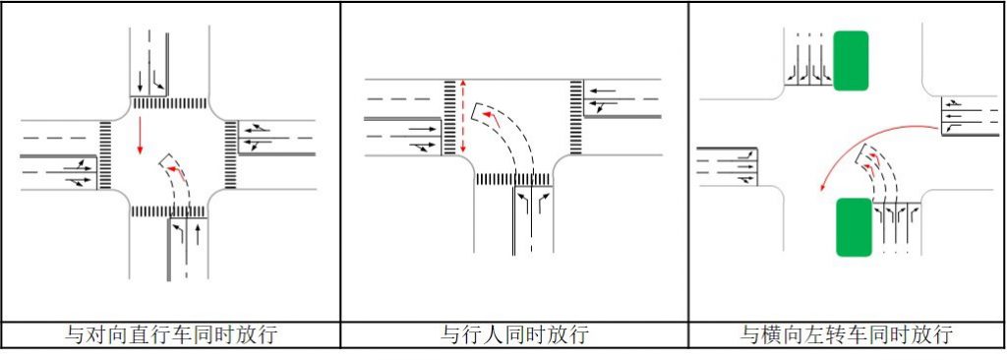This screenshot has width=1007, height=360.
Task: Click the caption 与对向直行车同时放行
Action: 170,334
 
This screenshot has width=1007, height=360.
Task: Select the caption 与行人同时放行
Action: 514,334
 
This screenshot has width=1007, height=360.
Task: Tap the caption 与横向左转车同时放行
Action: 847,334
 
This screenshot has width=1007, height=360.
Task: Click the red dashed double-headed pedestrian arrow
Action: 463,116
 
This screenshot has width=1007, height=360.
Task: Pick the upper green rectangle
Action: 851,61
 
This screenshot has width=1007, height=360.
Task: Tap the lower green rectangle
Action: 854,226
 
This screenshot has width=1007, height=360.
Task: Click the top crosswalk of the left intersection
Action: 169,102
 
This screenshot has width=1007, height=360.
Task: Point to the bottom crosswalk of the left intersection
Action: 169,211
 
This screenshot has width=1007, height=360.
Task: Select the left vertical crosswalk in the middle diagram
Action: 450,116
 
